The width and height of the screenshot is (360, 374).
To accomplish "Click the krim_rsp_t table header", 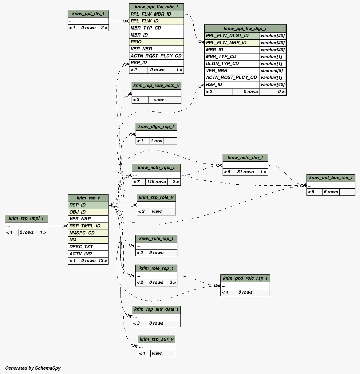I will pyautogui.click(x=88, y=198).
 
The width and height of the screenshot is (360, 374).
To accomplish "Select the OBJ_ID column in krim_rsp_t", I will pyautogui.click(x=88, y=212).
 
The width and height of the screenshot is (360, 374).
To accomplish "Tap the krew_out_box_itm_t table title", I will pyautogui.click(x=331, y=178).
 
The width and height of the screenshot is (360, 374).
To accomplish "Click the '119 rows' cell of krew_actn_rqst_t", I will pyautogui.click(x=156, y=182).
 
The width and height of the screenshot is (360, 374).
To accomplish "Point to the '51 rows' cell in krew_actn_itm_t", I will pyautogui.click(x=245, y=172).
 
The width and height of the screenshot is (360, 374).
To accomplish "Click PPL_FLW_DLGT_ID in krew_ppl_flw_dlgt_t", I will pyautogui.click(x=232, y=36).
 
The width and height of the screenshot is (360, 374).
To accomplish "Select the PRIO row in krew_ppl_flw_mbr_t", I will pyautogui.click(x=156, y=42).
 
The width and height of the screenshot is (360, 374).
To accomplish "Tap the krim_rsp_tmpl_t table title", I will pyautogui.click(x=26, y=218).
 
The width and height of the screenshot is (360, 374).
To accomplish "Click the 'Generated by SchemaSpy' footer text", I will pyautogui.click(x=33, y=368).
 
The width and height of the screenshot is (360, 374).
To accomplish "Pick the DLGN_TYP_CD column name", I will pyautogui.click(x=232, y=64).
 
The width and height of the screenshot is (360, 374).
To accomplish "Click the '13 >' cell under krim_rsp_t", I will pyautogui.click(x=103, y=261).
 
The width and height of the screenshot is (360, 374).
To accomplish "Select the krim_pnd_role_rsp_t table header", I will pyautogui.click(x=245, y=278).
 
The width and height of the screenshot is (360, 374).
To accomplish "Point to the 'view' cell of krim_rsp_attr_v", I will pyautogui.click(x=156, y=353).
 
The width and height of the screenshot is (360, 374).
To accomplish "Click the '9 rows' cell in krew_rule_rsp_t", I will pyautogui.click(x=156, y=253).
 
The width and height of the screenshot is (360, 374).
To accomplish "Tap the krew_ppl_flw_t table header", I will pyautogui.click(x=88, y=14).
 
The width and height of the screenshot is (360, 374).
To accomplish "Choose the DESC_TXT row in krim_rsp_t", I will pyautogui.click(x=88, y=247).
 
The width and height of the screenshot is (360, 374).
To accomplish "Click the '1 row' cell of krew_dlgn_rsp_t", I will pyautogui.click(x=156, y=141).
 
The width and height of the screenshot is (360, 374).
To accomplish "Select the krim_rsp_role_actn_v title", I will pyautogui.click(x=156, y=85).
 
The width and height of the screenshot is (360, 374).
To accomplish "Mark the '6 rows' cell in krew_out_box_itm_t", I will pyautogui.click(x=331, y=192).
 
